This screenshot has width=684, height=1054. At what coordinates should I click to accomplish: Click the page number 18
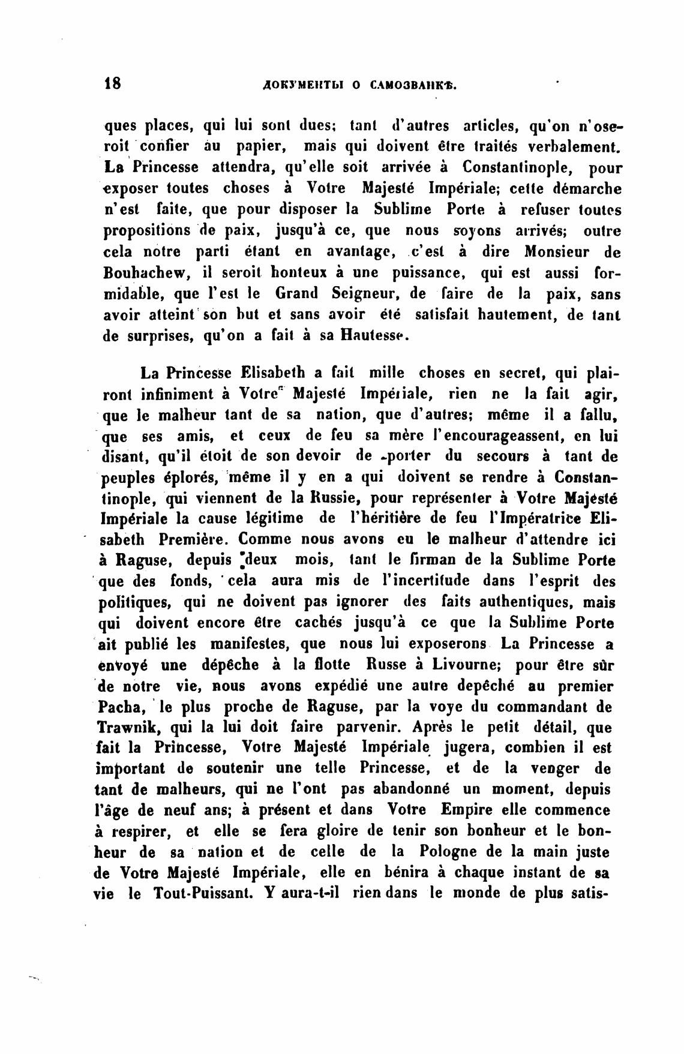(x=112, y=83)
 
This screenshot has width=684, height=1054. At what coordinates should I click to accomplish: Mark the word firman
(x=431, y=561)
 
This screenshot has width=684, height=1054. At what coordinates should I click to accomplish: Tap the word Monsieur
(x=557, y=252)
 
